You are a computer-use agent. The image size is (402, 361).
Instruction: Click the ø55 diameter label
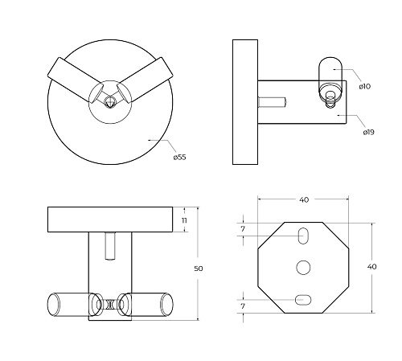179,157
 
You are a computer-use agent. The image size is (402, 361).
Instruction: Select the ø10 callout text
365,86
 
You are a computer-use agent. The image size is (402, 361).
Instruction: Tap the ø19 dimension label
368,132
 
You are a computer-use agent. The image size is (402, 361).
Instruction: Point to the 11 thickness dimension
184,220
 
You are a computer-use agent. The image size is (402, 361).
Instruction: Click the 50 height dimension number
199,269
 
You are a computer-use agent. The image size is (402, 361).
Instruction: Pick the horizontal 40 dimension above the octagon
304,199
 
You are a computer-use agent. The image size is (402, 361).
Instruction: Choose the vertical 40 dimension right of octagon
371,267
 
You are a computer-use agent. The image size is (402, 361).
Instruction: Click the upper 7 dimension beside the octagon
243,229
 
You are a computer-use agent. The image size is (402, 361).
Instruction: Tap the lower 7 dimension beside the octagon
243,306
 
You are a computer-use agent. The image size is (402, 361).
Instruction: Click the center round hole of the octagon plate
303,267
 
